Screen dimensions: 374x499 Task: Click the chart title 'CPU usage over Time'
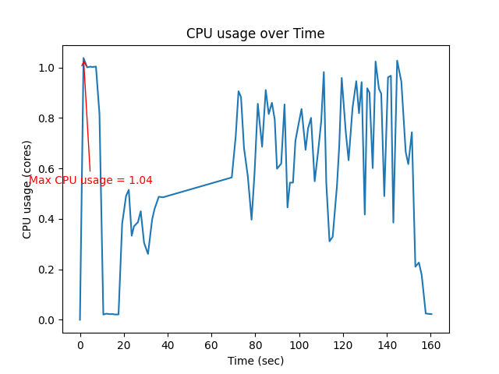[x=255, y=34]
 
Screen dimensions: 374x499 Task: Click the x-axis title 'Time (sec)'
[x=255, y=361]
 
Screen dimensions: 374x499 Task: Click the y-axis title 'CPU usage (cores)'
[x=27, y=193]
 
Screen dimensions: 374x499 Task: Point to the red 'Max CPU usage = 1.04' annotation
[x=90, y=180]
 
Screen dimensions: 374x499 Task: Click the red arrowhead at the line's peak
[x=83, y=62]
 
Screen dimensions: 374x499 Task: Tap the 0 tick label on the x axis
[x=80, y=345]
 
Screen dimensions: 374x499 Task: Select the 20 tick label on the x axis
[x=124, y=345]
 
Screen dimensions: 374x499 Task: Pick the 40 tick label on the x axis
[x=168, y=345]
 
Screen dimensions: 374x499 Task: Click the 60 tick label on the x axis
[x=211, y=345]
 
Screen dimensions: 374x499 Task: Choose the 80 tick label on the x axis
[x=255, y=345]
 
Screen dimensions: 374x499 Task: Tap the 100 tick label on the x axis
[x=299, y=345]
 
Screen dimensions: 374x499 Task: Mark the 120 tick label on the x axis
[x=342, y=345]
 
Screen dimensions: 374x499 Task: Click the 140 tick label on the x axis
[x=386, y=345]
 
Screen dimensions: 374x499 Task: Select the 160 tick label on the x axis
[x=430, y=345]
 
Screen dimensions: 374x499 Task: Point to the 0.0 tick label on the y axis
[x=48, y=320]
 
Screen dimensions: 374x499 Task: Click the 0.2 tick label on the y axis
[x=48, y=270]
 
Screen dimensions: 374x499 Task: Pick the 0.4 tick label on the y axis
[x=48, y=219]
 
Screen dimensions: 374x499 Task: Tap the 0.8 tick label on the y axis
[x=48, y=118]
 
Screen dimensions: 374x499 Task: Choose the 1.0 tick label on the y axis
[x=48, y=69]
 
